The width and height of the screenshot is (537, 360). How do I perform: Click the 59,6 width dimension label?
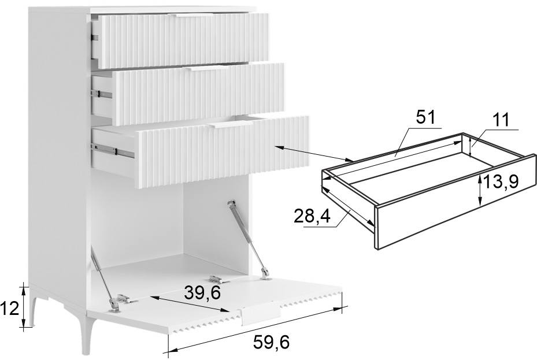point(271,342)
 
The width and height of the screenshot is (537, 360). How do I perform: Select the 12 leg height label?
point(10,309)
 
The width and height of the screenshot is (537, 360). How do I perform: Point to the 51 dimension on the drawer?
point(425,117)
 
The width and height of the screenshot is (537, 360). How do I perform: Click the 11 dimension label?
point(501,120)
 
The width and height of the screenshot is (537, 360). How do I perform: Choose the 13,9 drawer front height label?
point(501,182)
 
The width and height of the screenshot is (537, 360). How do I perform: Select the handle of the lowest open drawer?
point(230,125)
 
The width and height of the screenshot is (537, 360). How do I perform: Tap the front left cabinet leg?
point(34,306)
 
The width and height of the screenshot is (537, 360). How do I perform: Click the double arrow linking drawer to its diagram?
point(314,154)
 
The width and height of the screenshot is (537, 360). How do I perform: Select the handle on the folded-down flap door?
point(261,313)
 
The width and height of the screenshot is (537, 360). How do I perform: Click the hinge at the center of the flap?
point(219,279)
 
